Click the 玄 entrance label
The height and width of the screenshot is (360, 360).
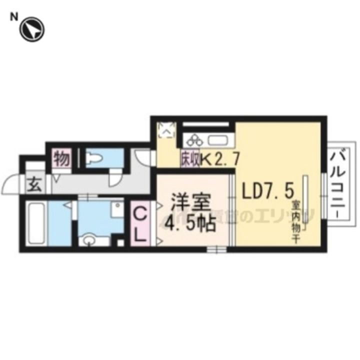click(x=34, y=184)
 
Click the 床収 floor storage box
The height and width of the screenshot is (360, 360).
click(x=190, y=159)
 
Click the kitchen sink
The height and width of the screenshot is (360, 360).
click(x=218, y=139)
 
